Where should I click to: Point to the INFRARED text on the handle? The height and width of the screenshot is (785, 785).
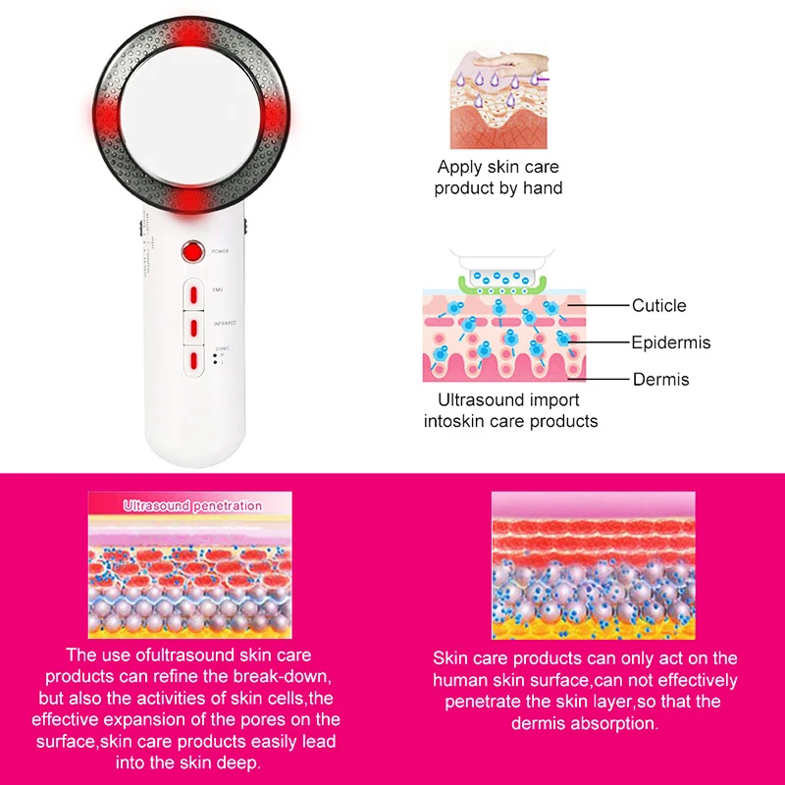(223, 322)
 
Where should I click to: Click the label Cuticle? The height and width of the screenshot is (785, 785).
(658, 306)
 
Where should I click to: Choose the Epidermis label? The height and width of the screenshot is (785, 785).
(670, 343)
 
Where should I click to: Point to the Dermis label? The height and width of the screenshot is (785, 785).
(660, 380)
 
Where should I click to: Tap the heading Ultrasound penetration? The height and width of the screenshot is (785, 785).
(192, 506)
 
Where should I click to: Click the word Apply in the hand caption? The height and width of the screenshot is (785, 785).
(459, 168)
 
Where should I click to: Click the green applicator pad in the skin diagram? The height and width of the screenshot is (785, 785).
(499, 287)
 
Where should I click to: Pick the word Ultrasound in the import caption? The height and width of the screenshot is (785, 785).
(474, 400)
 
